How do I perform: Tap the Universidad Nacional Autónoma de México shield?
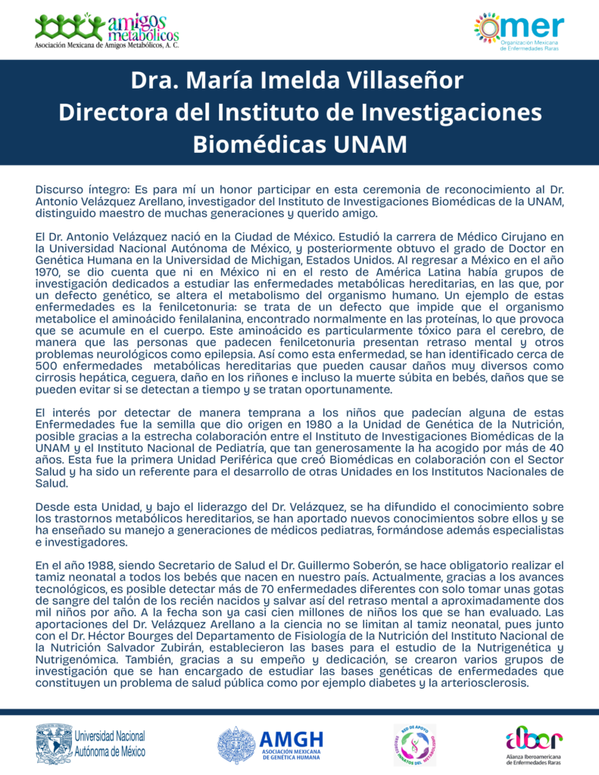52,744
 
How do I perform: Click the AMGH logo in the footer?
271,745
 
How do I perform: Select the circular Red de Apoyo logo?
414,745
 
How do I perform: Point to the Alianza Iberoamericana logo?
535,744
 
